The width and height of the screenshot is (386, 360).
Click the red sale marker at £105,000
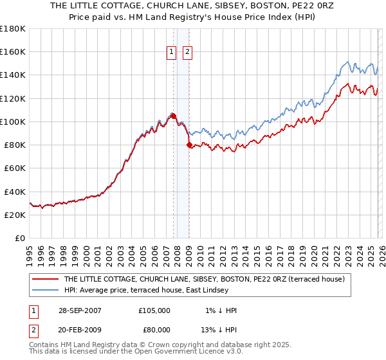coord(173,115)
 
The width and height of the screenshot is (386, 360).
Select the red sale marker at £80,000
coord(189,145)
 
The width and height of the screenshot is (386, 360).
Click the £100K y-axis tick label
coord(12,122)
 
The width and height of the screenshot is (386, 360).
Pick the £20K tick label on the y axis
coord(14,215)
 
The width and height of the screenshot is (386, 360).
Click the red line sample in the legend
coord(44,280)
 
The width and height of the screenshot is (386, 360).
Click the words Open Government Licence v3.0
coord(187,352)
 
